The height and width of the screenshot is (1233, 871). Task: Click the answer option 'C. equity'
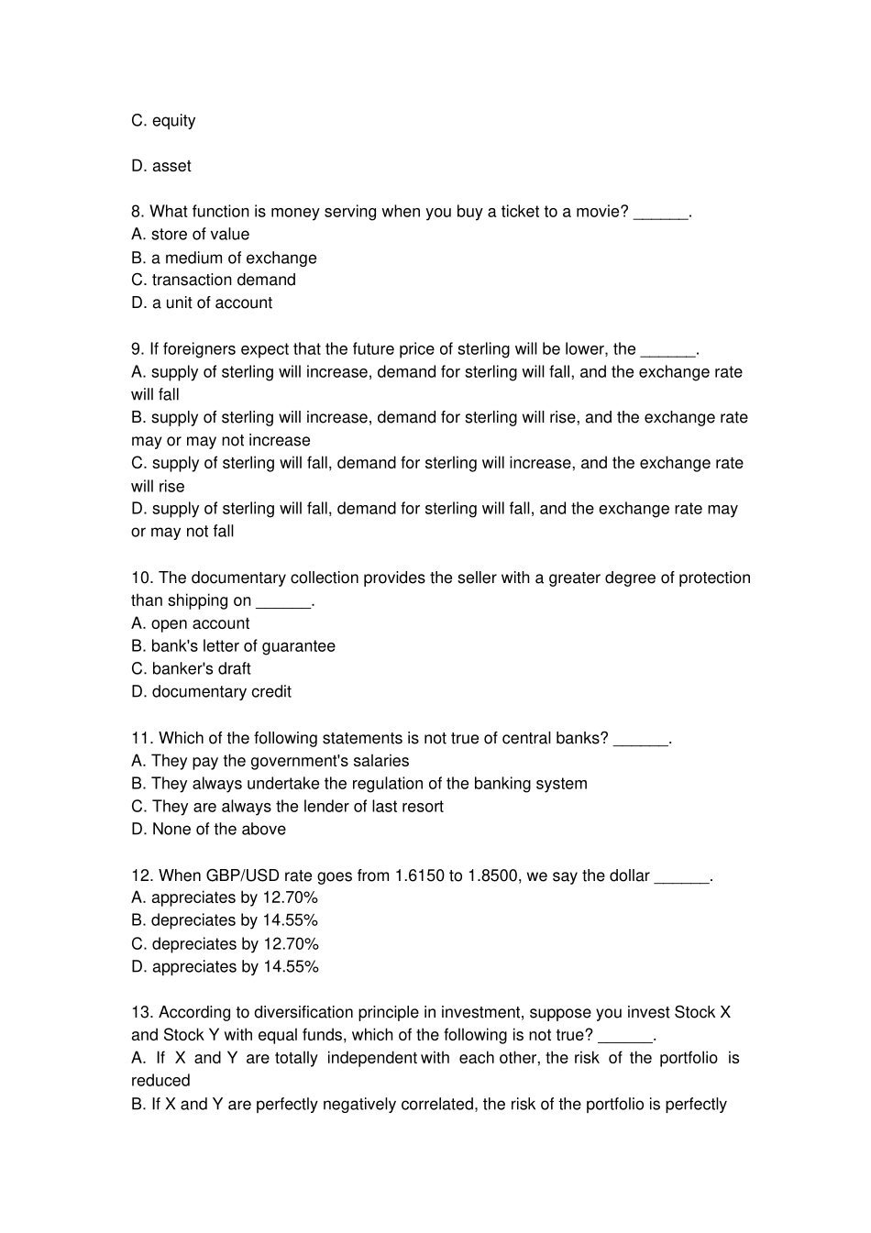[x=163, y=121]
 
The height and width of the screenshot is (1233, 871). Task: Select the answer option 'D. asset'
[x=161, y=166]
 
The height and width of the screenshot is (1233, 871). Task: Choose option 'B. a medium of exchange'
[x=224, y=258]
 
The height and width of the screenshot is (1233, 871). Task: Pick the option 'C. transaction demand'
[x=214, y=281]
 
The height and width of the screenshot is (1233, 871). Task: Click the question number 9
[x=138, y=349]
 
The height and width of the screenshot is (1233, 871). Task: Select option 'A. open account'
[x=191, y=623]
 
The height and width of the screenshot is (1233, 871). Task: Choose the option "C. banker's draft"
[x=191, y=669]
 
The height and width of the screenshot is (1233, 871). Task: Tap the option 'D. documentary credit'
[x=211, y=692]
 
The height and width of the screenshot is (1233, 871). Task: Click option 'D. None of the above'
[x=208, y=830]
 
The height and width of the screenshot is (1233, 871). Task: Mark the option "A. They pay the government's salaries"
[x=270, y=761]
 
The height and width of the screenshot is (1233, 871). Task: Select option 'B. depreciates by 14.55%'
[x=225, y=920]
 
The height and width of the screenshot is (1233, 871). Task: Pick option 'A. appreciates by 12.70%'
[x=225, y=898]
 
